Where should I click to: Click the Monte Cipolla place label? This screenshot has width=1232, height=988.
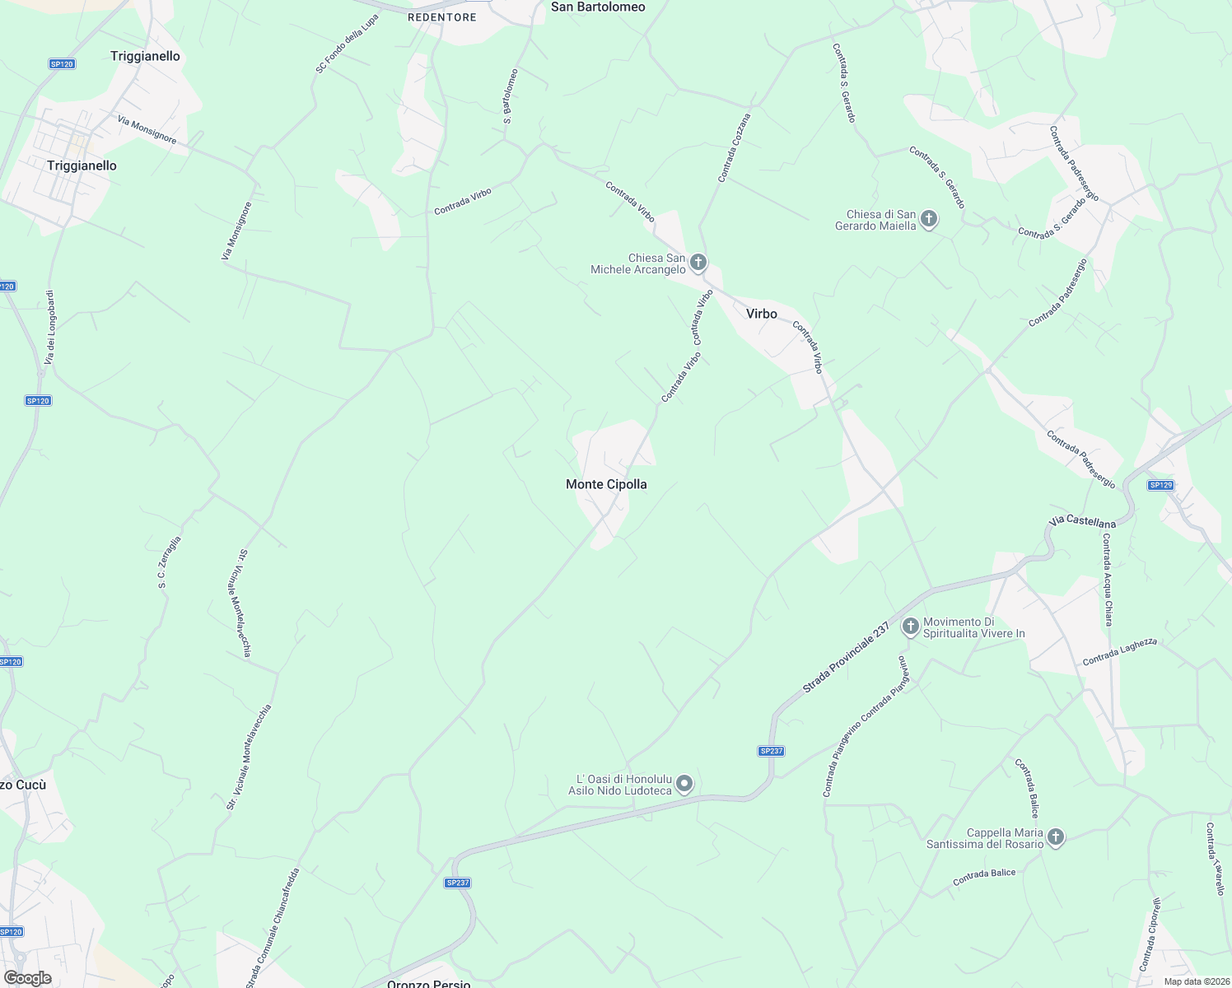pyautogui.click(x=606, y=484)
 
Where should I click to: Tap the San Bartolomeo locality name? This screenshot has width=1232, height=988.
pyautogui.click(x=598, y=7)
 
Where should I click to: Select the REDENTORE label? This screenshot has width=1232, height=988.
pyautogui.click(x=442, y=17)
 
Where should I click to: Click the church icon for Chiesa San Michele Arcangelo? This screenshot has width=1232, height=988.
pyautogui.click(x=698, y=263)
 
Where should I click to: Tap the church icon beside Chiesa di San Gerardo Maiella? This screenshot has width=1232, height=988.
pyautogui.click(x=929, y=219)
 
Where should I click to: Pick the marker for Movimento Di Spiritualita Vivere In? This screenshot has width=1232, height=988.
pyautogui.click(x=910, y=627)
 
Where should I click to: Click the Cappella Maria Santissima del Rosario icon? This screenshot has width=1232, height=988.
pyautogui.click(x=1056, y=837)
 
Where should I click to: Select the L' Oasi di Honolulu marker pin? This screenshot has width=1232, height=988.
pyautogui.click(x=684, y=785)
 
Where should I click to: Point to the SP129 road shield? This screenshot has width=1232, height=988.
pyautogui.click(x=1160, y=485)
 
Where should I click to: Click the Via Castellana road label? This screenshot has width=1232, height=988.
pyautogui.click(x=1083, y=521)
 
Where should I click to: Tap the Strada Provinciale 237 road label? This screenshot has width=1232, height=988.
pyautogui.click(x=847, y=657)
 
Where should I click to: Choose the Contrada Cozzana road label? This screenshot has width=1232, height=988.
pyautogui.click(x=735, y=148)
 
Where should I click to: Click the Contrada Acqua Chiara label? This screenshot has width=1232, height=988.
pyautogui.click(x=1108, y=580)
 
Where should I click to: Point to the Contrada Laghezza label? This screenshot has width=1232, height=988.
pyautogui.click(x=1120, y=652)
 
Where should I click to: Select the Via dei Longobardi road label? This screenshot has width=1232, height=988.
pyautogui.click(x=50, y=328)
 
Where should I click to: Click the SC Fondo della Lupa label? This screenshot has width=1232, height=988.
pyautogui.click(x=347, y=44)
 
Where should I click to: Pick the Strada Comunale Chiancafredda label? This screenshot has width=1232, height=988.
pyautogui.click(x=273, y=927)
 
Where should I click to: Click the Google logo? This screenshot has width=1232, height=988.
pyautogui.click(x=27, y=978)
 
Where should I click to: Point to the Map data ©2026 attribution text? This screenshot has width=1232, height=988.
pyautogui.click(x=1195, y=981)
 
